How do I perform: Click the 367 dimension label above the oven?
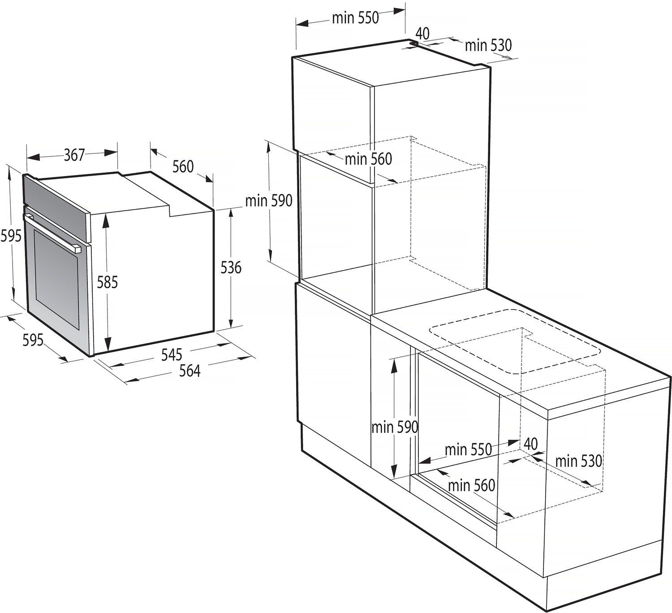click(x=74, y=155)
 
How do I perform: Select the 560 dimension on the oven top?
click(x=183, y=167)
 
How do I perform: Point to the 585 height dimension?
click(x=107, y=282)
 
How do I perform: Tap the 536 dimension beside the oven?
click(x=231, y=268)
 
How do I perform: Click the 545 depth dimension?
click(x=172, y=354)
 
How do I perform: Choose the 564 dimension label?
click(x=190, y=371)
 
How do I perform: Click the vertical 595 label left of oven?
click(x=11, y=236)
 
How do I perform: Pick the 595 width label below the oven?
click(x=33, y=340)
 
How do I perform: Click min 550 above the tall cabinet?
click(x=355, y=18)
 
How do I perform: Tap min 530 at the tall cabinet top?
click(x=488, y=45)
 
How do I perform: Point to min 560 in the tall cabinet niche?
click(x=369, y=159)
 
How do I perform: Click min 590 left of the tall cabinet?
click(x=269, y=201)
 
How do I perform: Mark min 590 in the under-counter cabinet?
click(x=395, y=427)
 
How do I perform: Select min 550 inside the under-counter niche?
click(x=468, y=449)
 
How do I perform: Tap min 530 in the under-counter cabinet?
click(x=579, y=461)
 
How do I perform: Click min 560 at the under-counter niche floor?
click(x=472, y=485)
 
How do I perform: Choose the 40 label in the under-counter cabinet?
click(x=530, y=444)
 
